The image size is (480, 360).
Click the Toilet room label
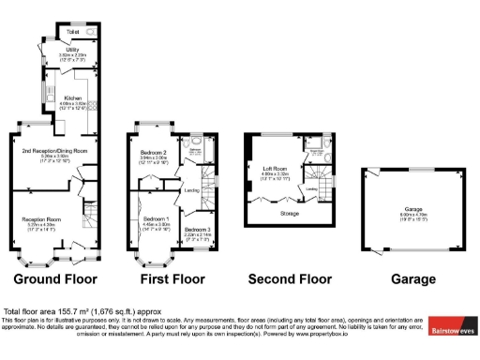pyautogui.click(x=72, y=32)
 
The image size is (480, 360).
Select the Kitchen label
pyautogui.click(x=73, y=97)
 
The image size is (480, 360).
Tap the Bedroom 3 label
pyautogui.click(x=197, y=230)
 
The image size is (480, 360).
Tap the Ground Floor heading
pyautogui.click(x=53, y=279)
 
